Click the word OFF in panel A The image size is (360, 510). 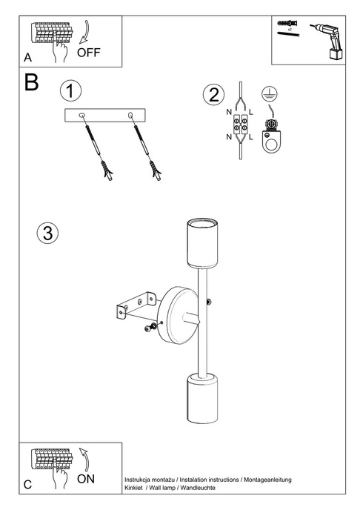click(89, 53)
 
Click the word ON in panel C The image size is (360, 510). click(86, 479)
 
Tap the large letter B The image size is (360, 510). click(31, 83)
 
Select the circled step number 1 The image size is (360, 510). click(70, 91)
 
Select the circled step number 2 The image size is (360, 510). click(213, 94)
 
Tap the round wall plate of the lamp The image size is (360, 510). click(175, 314)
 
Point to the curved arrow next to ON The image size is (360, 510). click(85, 460)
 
